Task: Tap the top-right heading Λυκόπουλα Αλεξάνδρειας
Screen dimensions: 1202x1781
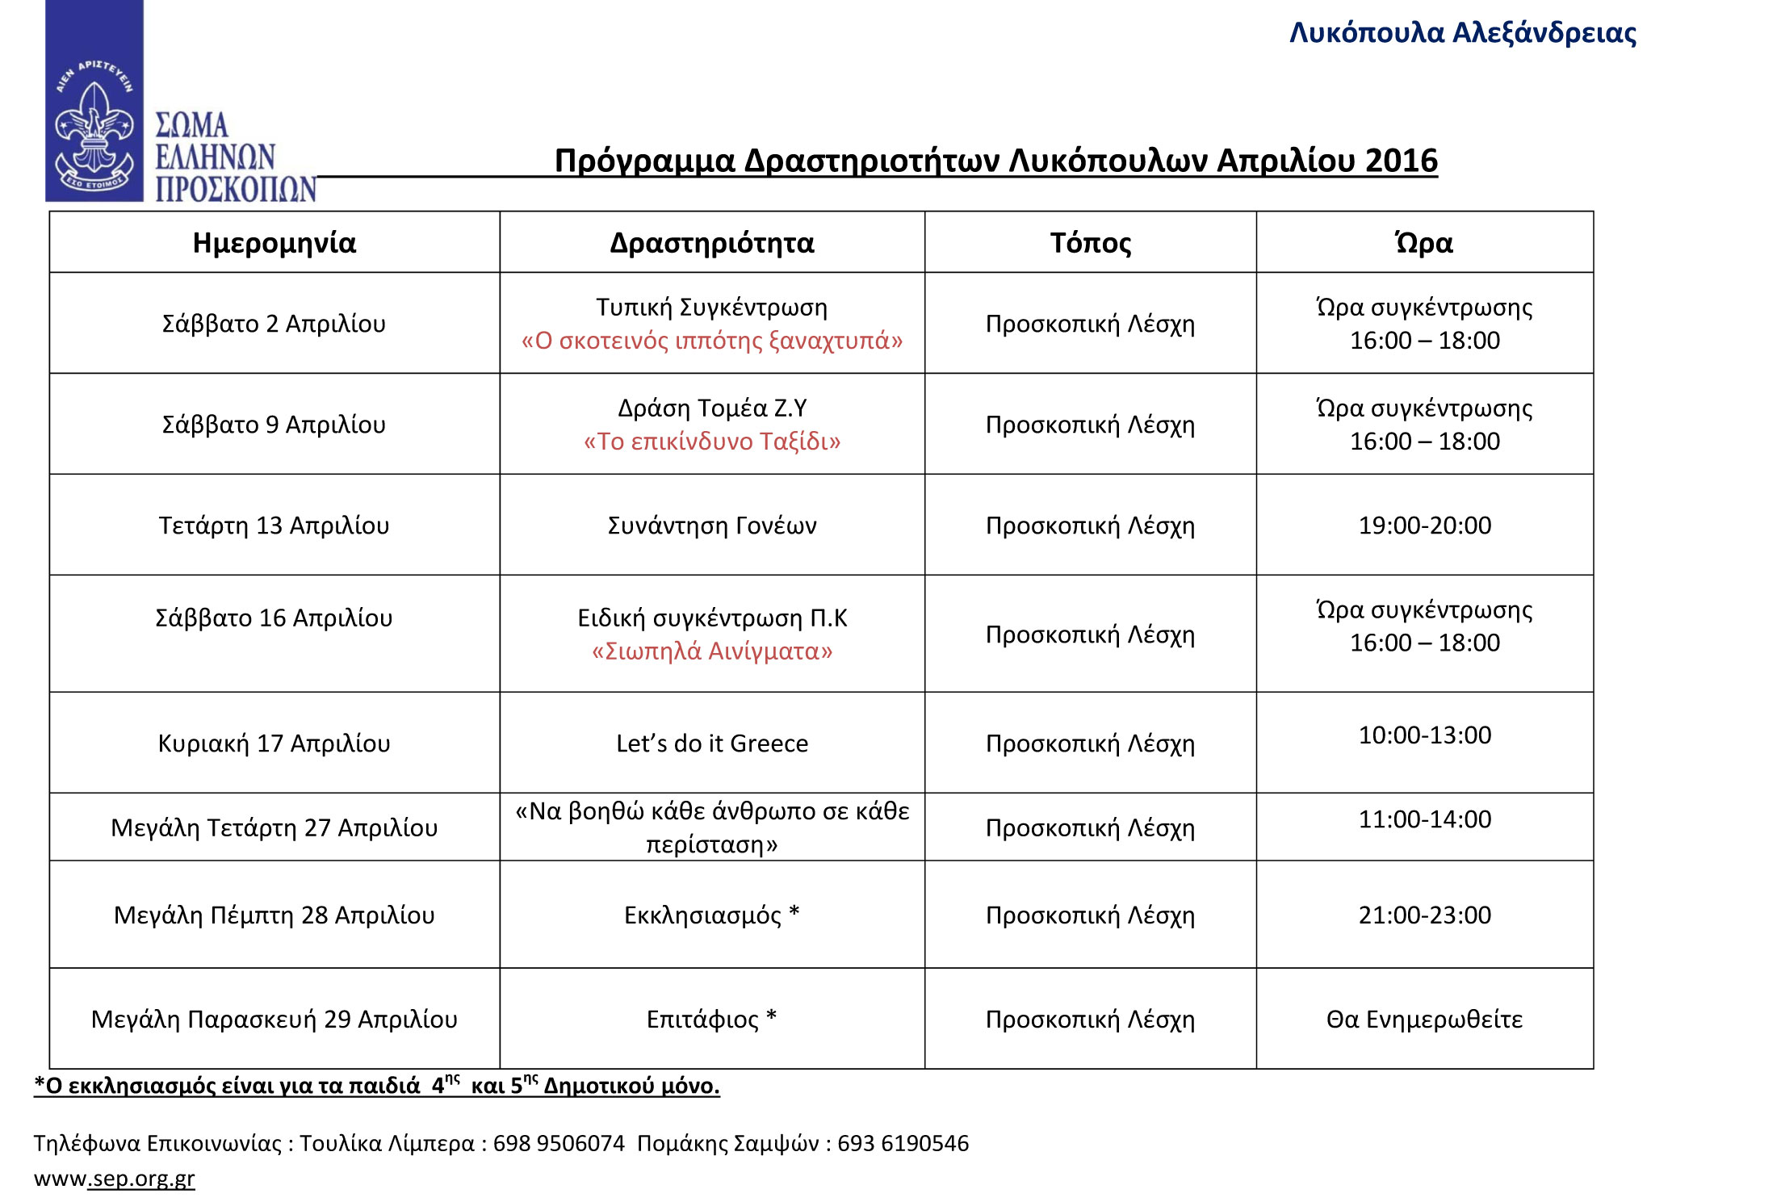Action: pyautogui.click(x=1462, y=33)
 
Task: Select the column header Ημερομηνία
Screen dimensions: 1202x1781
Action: pyautogui.click(x=274, y=243)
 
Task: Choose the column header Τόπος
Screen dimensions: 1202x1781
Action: pyautogui.click(x=1090, y=243)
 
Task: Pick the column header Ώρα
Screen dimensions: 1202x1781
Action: pyautogui.click(x=1424, y=243)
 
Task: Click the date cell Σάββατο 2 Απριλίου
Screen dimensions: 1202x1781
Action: pyautogui.click(x=274, y=324)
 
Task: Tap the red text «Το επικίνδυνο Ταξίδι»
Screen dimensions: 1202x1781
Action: pyautogui.click(x=711, y=442)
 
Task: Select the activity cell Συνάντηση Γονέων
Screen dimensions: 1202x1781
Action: pyautogui.click(x=711, y=526)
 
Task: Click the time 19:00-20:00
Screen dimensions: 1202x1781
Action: pyautogui.click(x=1424, y=526)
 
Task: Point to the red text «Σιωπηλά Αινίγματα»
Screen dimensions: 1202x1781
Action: pyautogui.click(x=711, y=651)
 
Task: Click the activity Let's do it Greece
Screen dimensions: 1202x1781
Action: pyautogui.click(x=711, y=743)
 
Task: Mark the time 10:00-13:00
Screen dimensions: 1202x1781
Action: pyautogui.click(x=1424, y=735)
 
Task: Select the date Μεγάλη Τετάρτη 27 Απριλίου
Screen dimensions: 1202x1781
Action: pyautogui.click(x=274, y=828)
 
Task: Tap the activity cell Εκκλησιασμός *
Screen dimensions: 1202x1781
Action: pyautogui.click(x=711, y=915)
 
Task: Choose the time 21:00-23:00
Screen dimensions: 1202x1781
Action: pyautogui.click(x=1424, y=915)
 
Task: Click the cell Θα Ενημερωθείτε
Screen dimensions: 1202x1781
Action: pyautogui.click(x=1424, y=1020)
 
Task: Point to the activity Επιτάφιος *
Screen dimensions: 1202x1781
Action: pyautogui.click(x=711, y=1020)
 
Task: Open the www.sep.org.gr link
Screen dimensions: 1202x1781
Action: pyautogui.click(x=114, y=1179)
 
